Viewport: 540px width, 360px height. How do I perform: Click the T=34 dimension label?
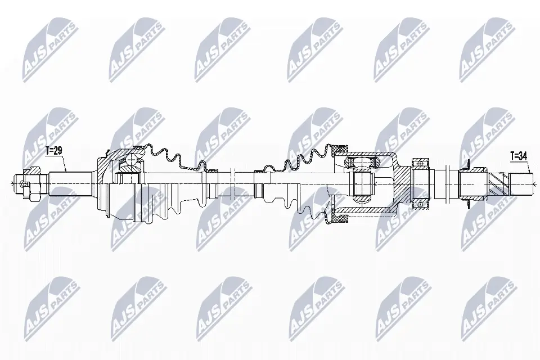click(x=519, y=155)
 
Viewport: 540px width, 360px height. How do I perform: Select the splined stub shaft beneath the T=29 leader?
click(x=70, y=182)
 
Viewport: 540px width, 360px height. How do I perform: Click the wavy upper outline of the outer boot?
click(x=169, y=153)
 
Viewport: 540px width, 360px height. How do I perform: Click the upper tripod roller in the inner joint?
click(x=360, y=163)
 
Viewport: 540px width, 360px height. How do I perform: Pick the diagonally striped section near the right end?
click(x=497, y=183)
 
